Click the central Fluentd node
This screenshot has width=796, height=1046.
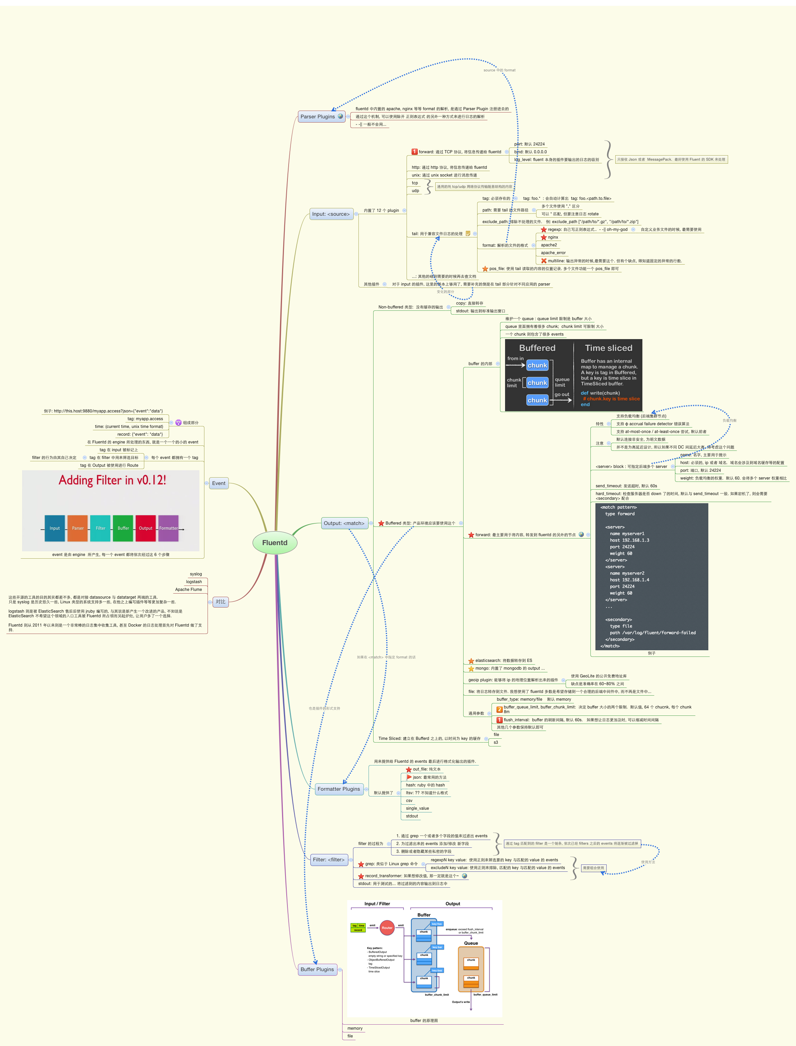point(275,543)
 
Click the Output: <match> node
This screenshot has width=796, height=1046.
point(344,523)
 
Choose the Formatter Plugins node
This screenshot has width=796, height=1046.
point(338,789)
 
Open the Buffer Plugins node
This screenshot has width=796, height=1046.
point(317,969)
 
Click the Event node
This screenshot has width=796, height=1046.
point(218,483)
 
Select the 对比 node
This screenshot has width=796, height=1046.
point(220,602)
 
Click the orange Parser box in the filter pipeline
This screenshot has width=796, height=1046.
point(78,528)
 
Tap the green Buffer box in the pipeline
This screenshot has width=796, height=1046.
point(123,528)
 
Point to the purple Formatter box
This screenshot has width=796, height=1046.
point(168,528)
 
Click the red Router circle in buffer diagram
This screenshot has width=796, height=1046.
point(387,928)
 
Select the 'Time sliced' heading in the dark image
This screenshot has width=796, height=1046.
point(608,348)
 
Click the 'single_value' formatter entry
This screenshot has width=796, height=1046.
point(417,809)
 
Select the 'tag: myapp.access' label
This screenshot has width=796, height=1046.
point(145,419)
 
